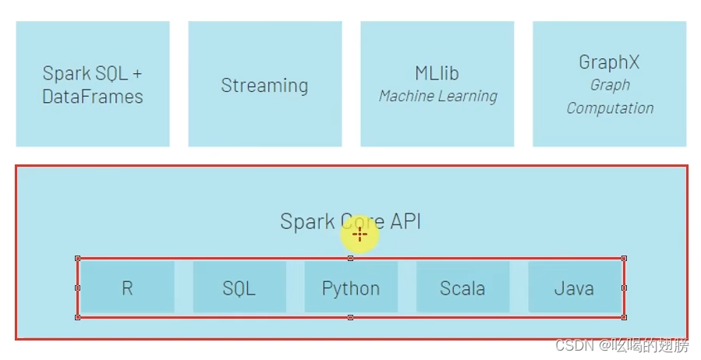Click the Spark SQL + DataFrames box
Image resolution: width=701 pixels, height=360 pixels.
(93, 84)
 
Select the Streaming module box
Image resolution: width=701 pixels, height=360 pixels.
(264, 85)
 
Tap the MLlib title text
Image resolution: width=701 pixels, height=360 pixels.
(437, 73)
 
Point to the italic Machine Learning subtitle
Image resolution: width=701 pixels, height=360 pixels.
(437, 97)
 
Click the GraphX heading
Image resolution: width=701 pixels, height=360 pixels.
(609, 62)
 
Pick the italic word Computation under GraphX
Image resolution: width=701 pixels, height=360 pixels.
(610, 108)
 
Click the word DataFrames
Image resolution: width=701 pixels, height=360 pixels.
(93, 97)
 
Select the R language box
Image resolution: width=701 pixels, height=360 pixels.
(127, 288)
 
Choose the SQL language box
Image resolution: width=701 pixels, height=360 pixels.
(239, 288)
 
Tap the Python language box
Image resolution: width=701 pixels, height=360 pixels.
(351, 288)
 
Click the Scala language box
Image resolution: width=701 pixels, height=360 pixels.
(462, 288)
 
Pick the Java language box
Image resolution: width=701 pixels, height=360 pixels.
(574, 288)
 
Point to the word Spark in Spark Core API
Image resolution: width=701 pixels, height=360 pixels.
(306, 221)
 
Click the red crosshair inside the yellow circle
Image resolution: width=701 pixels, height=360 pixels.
(359, 234)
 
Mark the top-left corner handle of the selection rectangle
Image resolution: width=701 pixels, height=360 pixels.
(77, 258)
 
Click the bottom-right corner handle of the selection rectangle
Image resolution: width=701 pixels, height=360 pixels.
(624, 317)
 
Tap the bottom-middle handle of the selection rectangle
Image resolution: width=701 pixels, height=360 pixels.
(350, 317)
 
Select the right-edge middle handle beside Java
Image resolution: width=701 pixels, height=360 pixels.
(624, 288)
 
